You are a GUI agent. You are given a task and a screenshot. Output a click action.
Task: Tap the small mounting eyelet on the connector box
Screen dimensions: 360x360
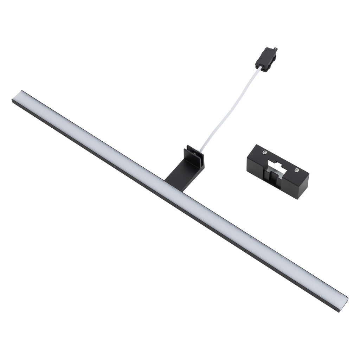click(x=275, y=50)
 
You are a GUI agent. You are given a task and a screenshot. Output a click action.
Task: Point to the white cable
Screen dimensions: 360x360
click(x=232, y=109)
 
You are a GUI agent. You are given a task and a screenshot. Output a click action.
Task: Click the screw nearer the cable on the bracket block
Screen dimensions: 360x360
click(x=264, y=152)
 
